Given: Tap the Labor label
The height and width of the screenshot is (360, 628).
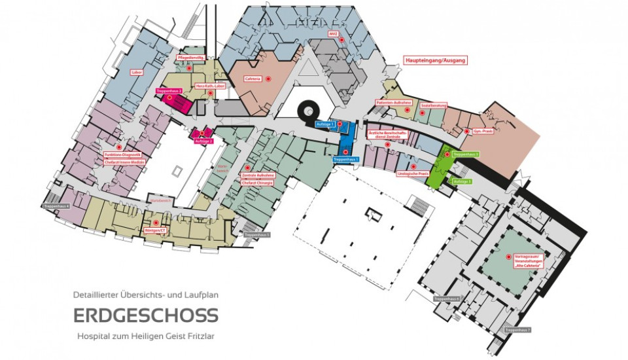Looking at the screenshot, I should point(137,72).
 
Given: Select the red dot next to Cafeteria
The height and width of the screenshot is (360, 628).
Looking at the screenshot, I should point(268,79).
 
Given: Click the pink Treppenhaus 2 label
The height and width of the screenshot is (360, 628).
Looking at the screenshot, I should point(169,90).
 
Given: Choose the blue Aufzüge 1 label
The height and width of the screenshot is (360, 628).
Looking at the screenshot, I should point(325,124).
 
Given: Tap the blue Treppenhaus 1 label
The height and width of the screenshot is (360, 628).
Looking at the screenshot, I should point(345,159).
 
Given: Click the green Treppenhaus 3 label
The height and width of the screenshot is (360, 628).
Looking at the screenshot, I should point(466,154).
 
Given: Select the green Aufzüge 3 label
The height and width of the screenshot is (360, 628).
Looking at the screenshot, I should point(462,181).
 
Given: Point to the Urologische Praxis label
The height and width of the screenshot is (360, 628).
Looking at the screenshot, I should point(413,173).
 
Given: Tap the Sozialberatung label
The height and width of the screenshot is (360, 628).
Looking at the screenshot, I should point(434,103).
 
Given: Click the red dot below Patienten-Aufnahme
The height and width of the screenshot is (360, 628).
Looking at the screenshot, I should point(407,110).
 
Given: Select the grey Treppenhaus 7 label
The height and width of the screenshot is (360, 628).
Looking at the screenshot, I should point(517,330).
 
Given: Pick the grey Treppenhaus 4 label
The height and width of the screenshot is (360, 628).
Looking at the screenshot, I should point(57,206).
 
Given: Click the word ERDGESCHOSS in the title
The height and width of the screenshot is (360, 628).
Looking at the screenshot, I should point(145,315).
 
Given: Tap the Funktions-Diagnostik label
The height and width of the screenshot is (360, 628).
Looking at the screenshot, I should point(123,154).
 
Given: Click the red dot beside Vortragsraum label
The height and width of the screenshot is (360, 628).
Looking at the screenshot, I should point(508,257).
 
